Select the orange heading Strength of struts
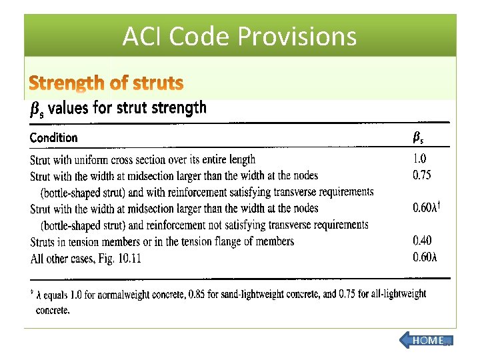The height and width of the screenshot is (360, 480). pos(106,83)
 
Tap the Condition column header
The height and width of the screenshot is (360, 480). pos(53,138)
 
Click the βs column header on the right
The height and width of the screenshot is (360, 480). pos(418,138)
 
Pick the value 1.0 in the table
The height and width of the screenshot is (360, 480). pos(420,159)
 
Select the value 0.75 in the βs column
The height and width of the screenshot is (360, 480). pos(422,175)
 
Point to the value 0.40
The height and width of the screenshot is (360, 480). pos(422,241)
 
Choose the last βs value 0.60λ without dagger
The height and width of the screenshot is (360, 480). pos(425,257)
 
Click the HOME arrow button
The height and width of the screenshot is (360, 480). pos(426,341)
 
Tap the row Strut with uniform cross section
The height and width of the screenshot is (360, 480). pos(143,159)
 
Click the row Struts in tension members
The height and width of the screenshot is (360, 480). pos(162,241)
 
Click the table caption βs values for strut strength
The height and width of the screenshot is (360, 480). pos(119,108)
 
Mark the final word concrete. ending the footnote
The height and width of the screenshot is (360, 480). pos(53,309)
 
